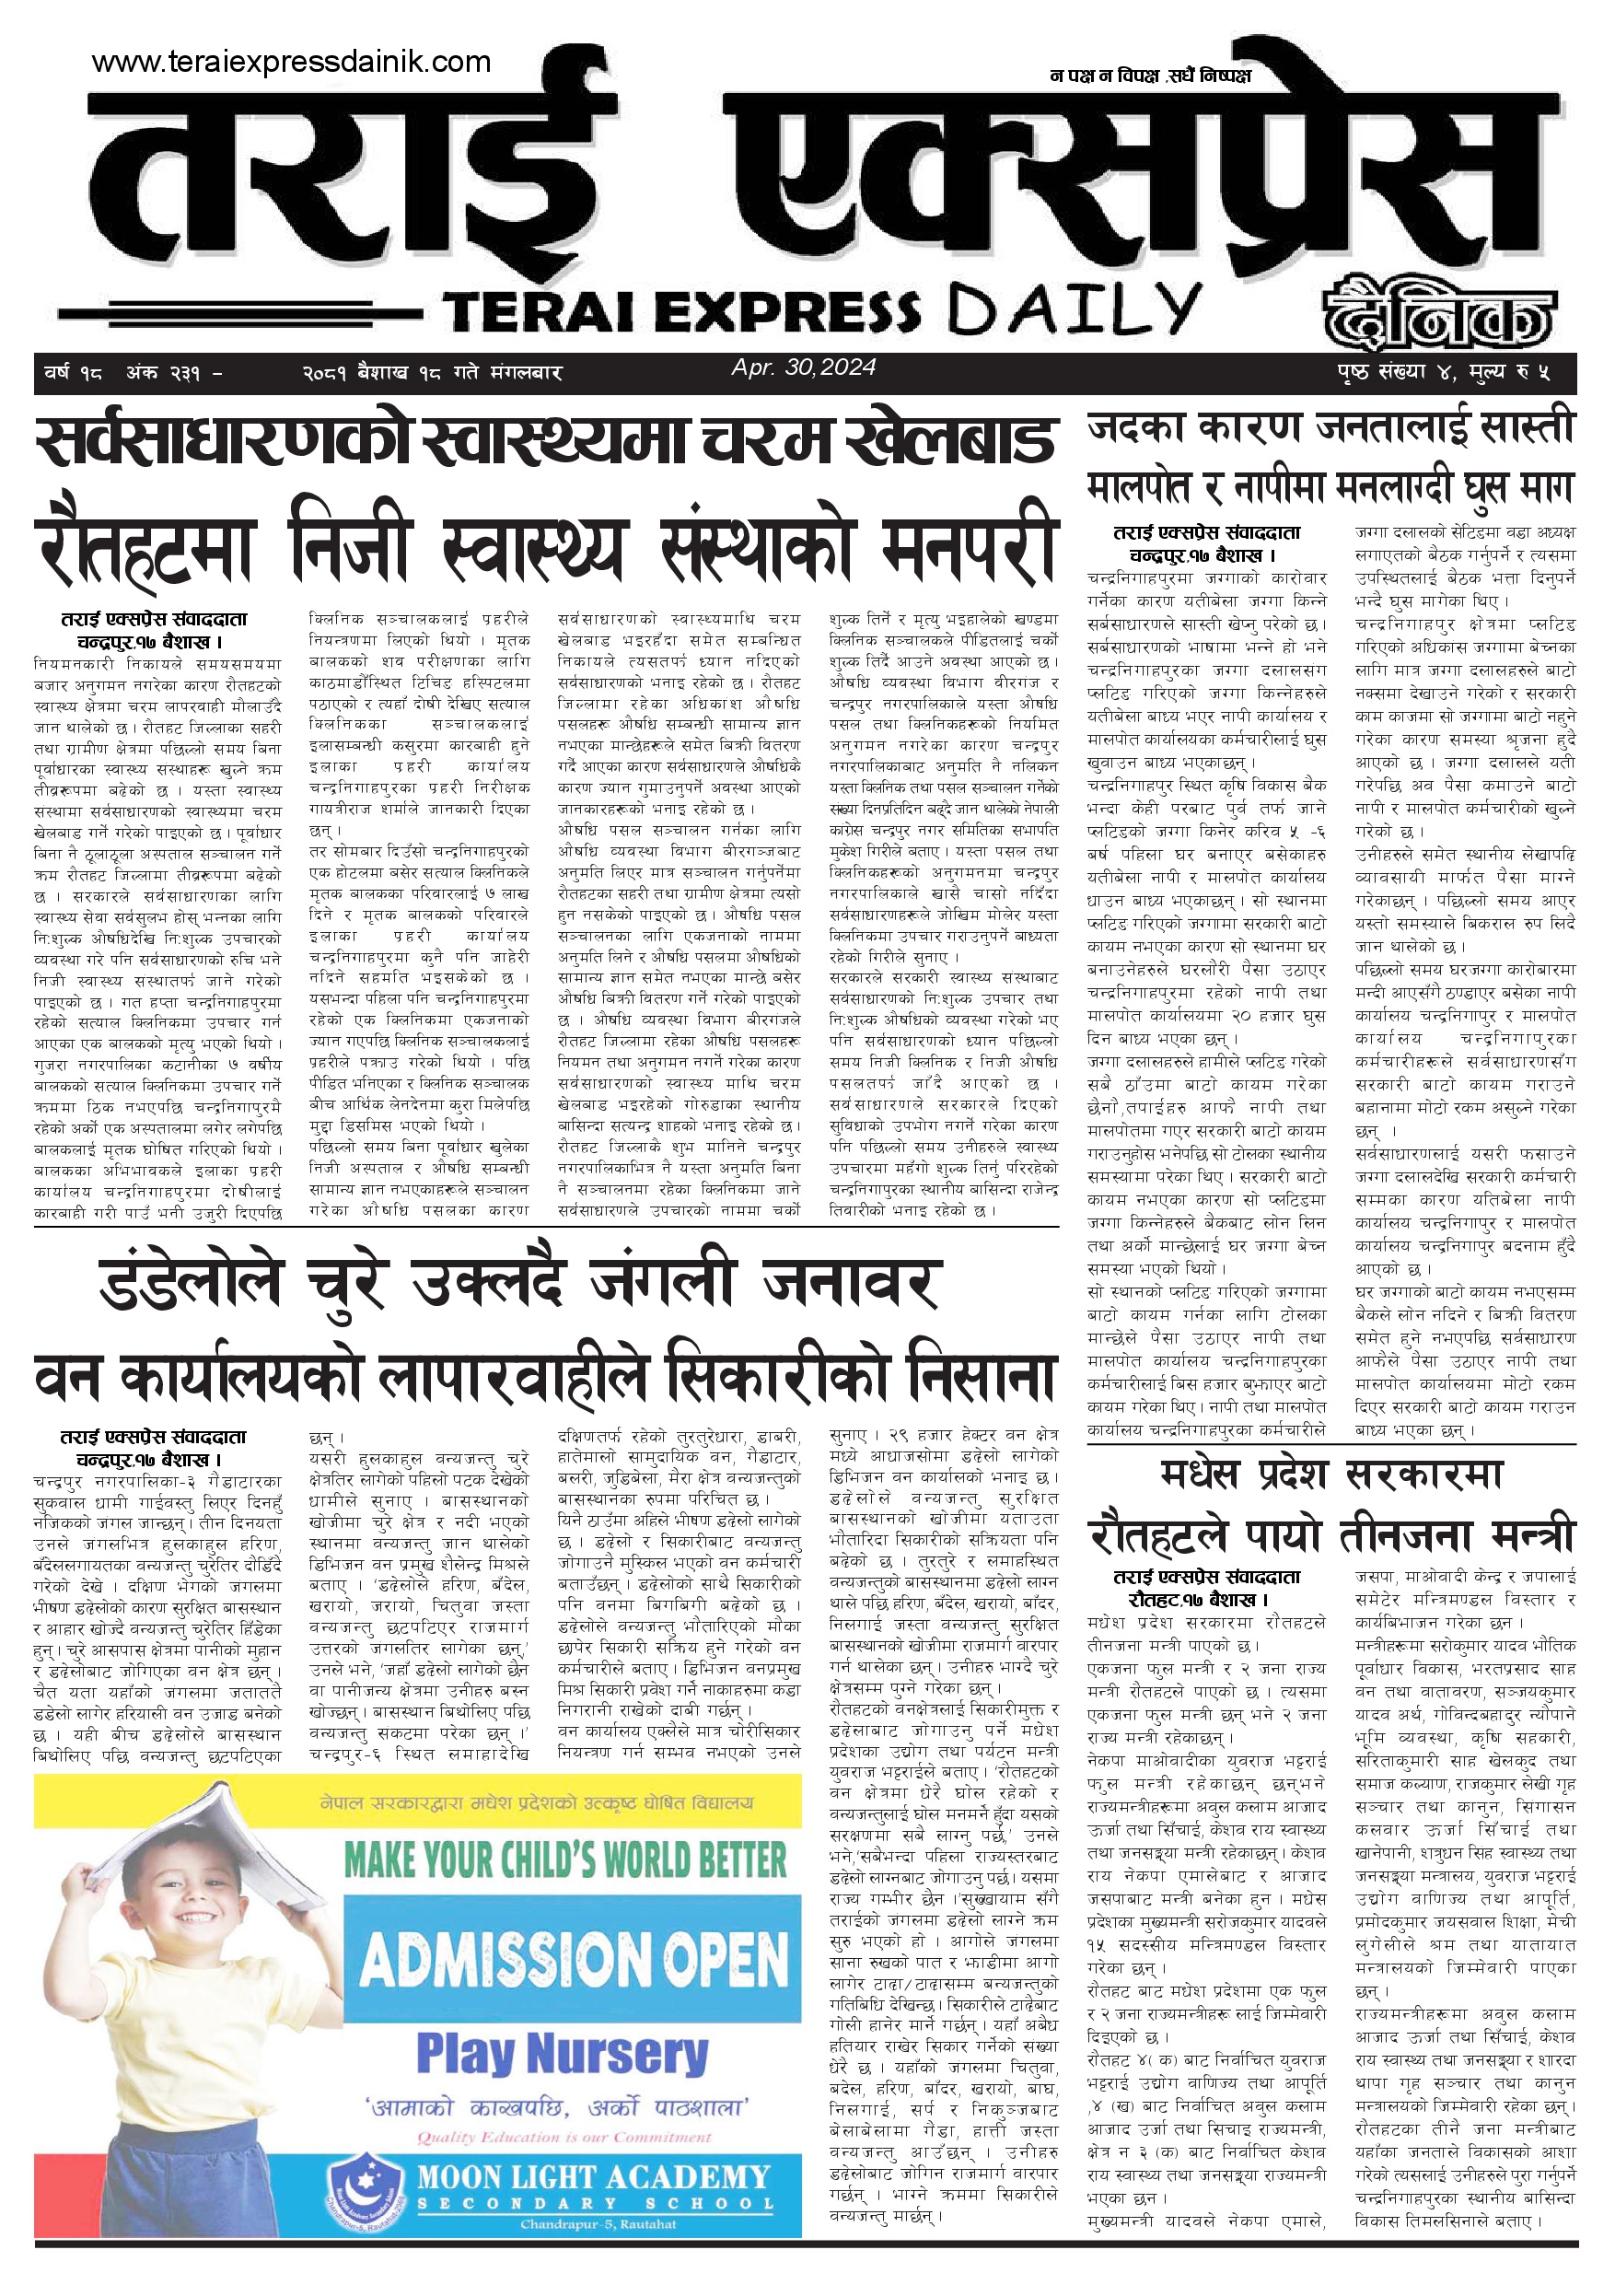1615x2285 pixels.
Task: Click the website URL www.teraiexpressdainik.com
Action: click(291, 62)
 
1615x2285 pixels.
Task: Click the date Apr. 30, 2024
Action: click(803, 367)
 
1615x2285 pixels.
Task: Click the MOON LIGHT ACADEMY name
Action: click(593, 2177)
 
